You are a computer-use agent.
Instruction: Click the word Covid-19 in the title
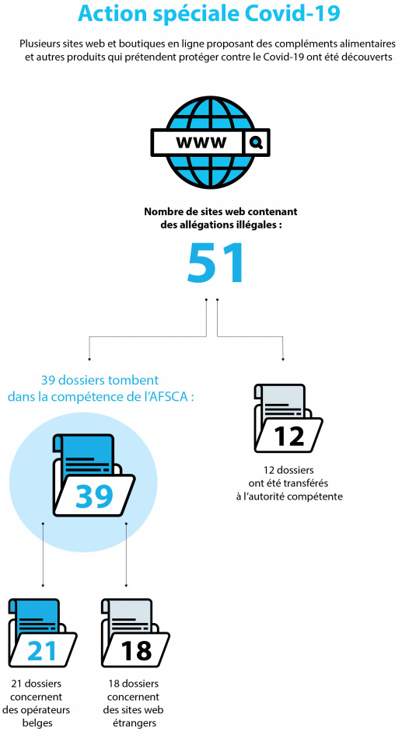click(x=292, y=13)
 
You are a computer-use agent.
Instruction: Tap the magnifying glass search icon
click(x=257, y=141)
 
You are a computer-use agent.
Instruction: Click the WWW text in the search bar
click(x=201, y=141)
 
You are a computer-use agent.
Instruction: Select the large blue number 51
click(x=215, y=263)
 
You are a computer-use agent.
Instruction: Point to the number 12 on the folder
click(x=289, y=437)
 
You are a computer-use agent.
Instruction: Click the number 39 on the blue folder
click(x=94, y=496)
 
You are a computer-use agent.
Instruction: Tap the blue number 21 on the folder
click(x=42, y=651)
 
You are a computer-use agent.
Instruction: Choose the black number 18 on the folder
click(x=136, y=651)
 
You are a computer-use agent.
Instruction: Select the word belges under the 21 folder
click(x=37, y=723)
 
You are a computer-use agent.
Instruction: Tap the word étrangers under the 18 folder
click(x=135, y=723)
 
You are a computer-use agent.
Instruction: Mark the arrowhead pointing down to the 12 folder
click(x=283, y=359)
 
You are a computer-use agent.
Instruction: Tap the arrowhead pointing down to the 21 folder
click(x=43, y=585)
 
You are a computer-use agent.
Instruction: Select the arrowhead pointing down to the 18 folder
click(x=126, y=585)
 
